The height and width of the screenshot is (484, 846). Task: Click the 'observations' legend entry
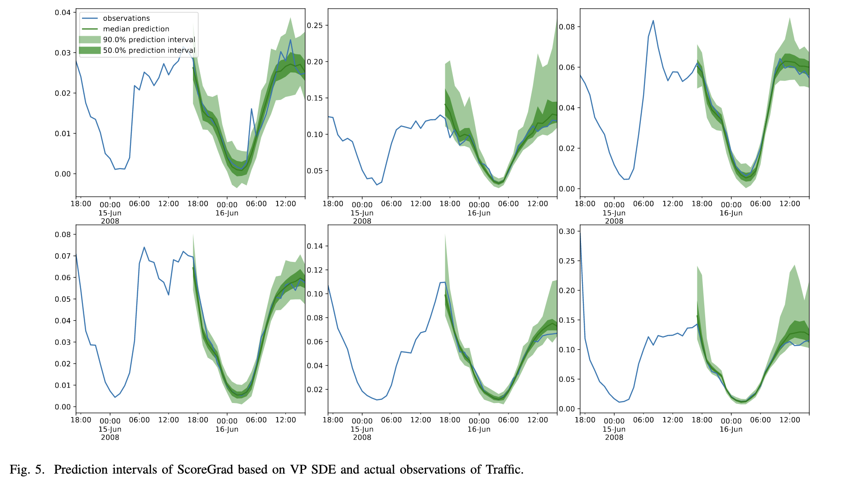(126, 19)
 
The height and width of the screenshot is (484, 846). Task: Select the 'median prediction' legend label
(136, 29)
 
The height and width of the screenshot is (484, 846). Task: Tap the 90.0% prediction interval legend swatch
(90, 40)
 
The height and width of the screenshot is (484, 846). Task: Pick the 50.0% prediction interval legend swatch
(90, 50)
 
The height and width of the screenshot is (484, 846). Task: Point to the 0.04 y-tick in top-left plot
(62, 12)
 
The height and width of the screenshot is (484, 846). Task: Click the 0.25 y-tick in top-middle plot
(315, 25)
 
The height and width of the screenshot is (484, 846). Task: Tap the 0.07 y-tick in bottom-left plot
(62, 256)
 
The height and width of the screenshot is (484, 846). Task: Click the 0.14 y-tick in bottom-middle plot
(315, 246)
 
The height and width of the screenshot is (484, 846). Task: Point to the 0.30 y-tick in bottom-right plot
(567, 231)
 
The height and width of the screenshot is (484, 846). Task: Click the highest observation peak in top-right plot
(653, 21)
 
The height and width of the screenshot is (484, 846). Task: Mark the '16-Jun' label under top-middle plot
(479, 213)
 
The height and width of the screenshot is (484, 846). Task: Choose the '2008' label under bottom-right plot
(614, 437)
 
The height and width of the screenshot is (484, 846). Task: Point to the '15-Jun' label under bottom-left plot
(110, 429)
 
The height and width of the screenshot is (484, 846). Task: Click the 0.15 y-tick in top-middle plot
(315, 98)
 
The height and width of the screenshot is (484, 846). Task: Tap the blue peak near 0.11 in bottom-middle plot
(444, 282)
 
